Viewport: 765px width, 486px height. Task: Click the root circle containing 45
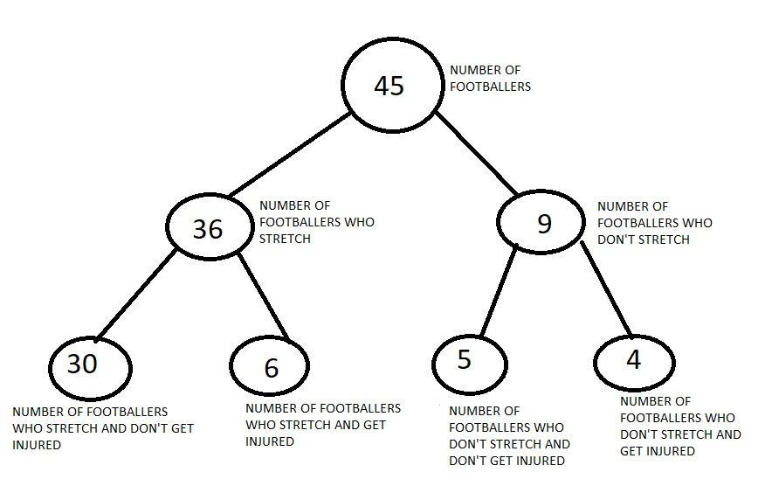point(389,85)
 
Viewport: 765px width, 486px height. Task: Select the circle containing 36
point(208,227)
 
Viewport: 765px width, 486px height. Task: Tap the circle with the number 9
point(542,224)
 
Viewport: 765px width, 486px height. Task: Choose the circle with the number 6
point(270,367)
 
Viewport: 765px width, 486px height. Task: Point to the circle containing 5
point(469,361)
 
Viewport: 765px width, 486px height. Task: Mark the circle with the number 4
point(634,360)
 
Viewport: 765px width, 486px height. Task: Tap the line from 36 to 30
point(138,295)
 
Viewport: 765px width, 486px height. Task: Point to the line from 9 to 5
point(499,293)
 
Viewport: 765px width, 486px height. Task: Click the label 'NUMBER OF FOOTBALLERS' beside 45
point(490,79)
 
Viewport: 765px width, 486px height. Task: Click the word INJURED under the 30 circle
point(37,445)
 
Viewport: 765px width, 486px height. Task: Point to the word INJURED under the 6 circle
point(270,441)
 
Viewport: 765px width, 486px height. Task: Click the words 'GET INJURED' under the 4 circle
point(658,451)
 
